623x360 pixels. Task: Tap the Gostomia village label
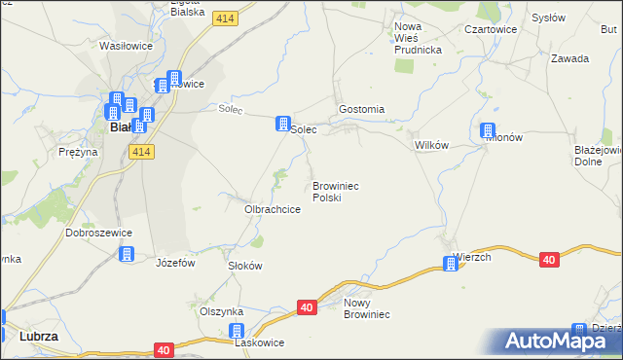click(x=361, y=110)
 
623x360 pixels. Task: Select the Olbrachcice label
click(x=272, y=209)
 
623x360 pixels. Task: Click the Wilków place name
click(x=430, y=145)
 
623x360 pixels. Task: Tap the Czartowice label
click(x=489, y=30)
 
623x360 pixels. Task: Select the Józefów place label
click(x=176, y=263)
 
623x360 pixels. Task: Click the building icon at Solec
click(x=282, y=125)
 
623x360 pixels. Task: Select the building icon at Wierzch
click(x=451, y=263)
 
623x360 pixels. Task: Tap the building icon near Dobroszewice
click(x=126, y=255)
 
